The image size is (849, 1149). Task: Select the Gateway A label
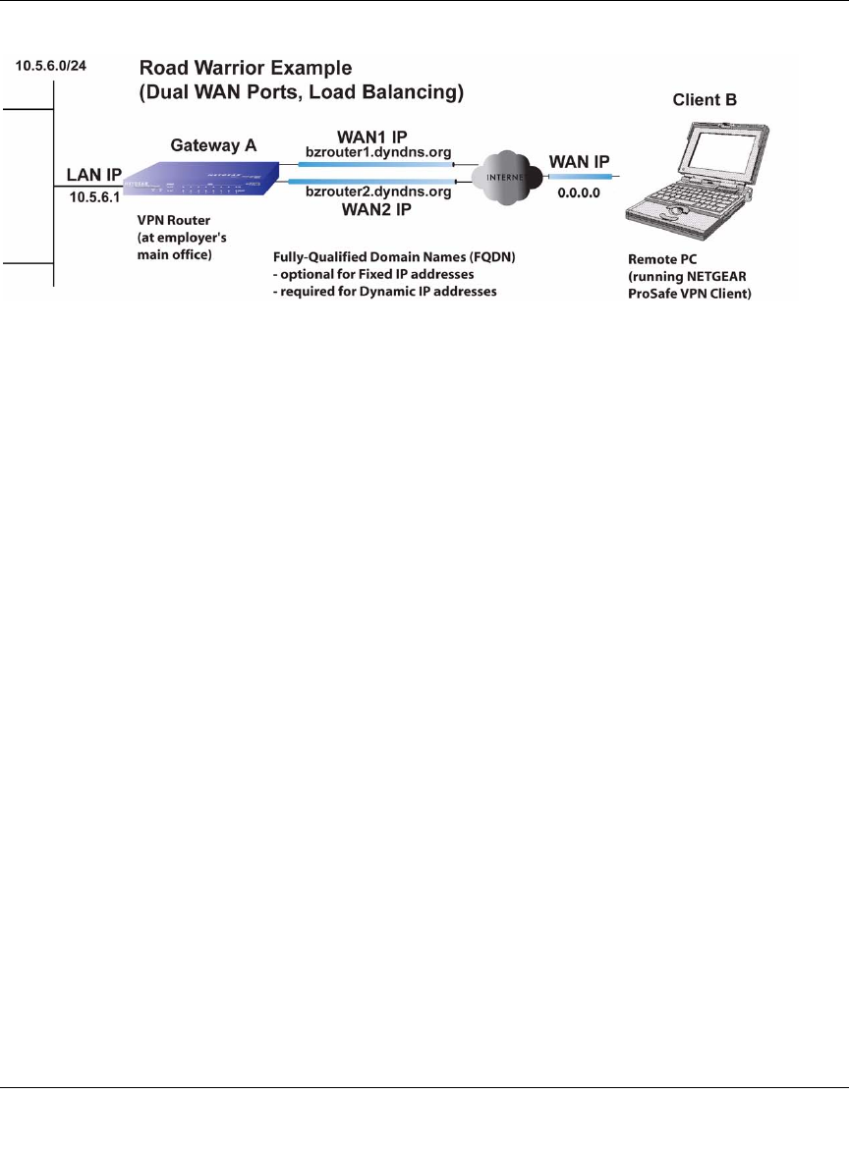pos(214,144)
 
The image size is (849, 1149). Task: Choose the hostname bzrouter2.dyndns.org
pos(378,192)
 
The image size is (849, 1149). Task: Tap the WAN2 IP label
pos(377,209)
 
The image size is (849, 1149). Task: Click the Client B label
pos(705,101)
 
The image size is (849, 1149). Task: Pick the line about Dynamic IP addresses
pos(385,291)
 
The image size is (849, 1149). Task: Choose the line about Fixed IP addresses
pos(373,274)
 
